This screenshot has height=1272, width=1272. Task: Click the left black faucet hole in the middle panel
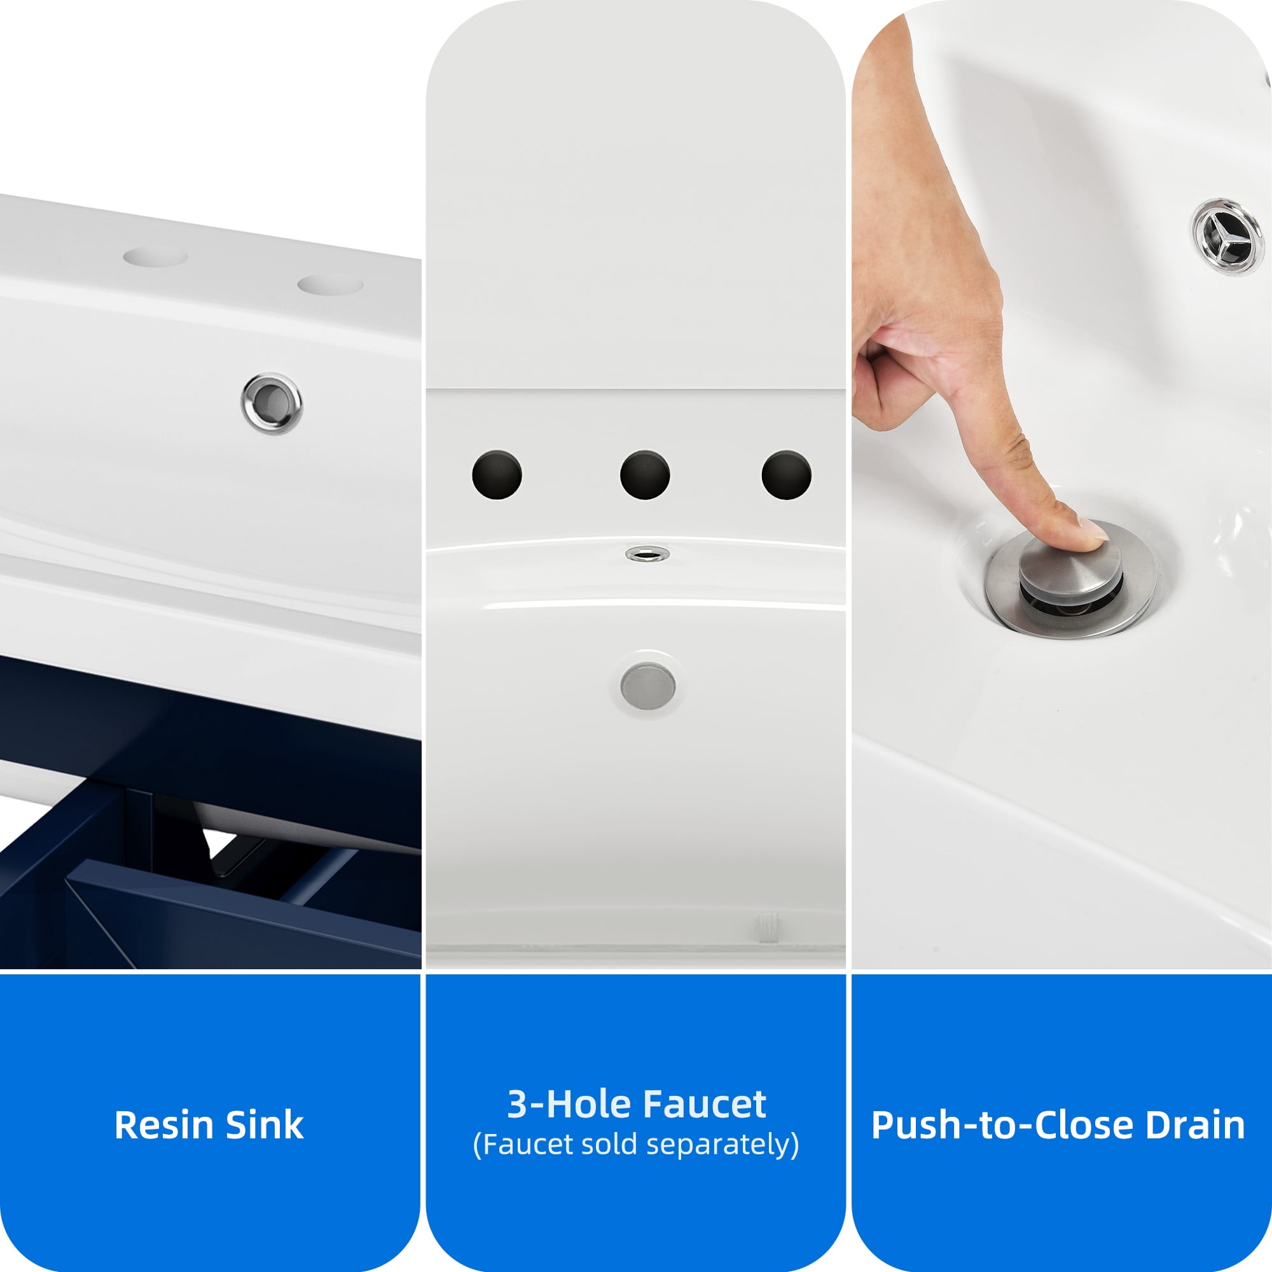[x=497, y=474]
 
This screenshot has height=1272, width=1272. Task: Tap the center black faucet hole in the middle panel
[x=645, y=474]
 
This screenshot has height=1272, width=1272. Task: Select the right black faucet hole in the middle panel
[x=786, y=474]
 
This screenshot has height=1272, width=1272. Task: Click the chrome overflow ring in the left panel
[x=272, y=403]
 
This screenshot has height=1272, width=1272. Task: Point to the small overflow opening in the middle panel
[x=647, y=554]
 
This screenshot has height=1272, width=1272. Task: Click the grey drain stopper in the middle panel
[x=648, y=686]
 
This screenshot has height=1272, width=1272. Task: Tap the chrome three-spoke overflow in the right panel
[x=1229, y=235]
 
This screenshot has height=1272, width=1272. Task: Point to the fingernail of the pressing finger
[x=1092, y=529]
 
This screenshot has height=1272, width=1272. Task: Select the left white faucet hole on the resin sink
[x=155, y=257]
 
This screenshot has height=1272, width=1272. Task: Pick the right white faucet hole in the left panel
[x=330, y=285]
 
